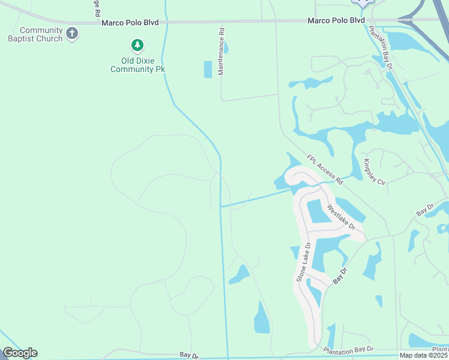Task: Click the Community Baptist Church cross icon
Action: [x=72, y=34]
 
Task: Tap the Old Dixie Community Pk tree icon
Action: [x=137, y=46]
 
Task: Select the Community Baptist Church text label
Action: [x=41, y=34]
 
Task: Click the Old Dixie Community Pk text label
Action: [x=137, y=65]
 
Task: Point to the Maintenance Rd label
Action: [x=221, y=51]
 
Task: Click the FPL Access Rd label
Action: [x=324, y=170]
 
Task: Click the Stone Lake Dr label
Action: [x=303, y=262]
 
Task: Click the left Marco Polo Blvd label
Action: [x=130, y=22]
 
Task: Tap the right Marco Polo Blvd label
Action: [x=336, y=20]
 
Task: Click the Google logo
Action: [x=20, y=353]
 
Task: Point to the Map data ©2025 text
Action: [x=424, y=355]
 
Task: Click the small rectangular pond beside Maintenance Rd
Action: [x=208, y=70]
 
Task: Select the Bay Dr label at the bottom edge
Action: [x=188, y=355]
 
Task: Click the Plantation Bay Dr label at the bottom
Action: [x=348, y=350]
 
